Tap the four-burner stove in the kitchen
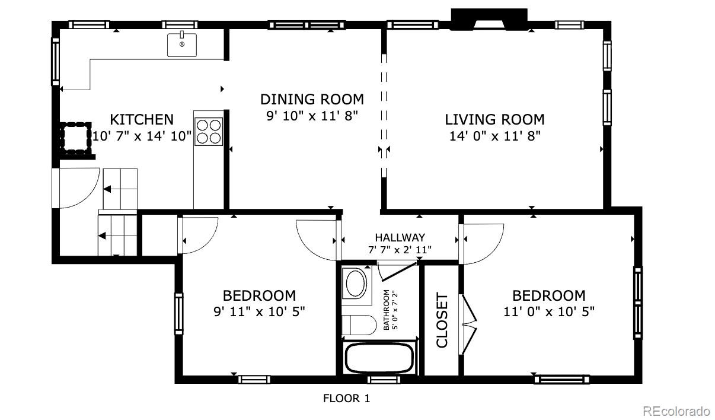coord(209,132)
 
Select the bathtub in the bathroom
coord(379,358)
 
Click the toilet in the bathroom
coord(359,325)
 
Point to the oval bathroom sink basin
coord(356,284)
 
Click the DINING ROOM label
coord(312,99)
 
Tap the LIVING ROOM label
coord(494,119)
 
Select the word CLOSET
coord(442,320)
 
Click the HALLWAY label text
coord(400,238)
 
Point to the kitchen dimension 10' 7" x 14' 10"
coord(142,136)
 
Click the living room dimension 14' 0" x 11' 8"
coord(495,136)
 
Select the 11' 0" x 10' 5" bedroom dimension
coord(549,311)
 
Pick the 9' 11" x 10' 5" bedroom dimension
coord(259,311)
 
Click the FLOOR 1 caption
coord(346,398)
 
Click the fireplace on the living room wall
coord(489,20)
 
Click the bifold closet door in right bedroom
coord(468,324)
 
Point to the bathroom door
coord(398,272)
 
